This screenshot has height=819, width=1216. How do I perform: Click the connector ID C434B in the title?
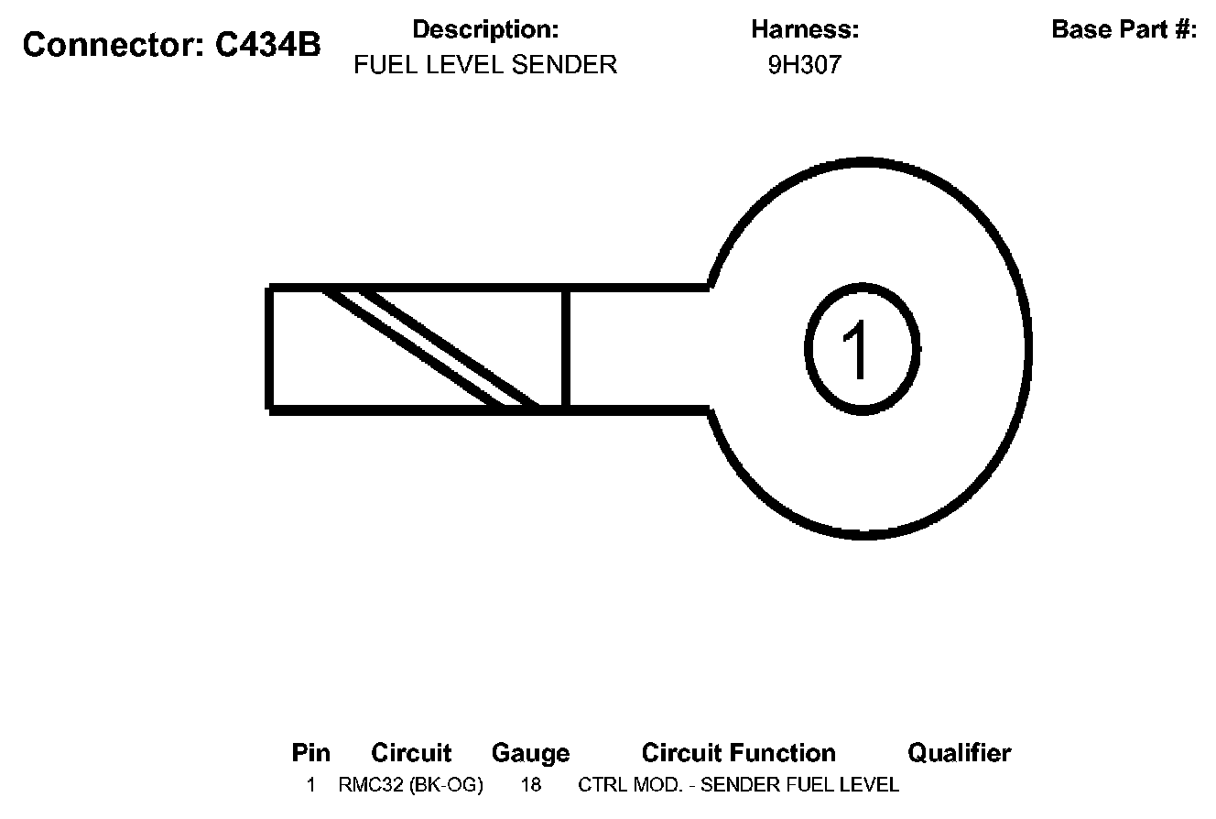pyautogui.click(x=268, y=45)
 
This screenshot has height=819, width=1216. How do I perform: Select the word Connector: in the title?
pyautogui.click(x=114, y=45)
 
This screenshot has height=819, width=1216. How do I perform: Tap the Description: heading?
pyautogui.click(x=485, y=29)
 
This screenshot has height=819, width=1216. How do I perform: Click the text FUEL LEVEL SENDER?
pyautogui.click(x=485, y=65)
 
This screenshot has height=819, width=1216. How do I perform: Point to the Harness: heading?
pyautogui.click(x=805, y=29)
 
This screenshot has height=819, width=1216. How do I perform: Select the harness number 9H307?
pyautogui.click(x=804, y=66)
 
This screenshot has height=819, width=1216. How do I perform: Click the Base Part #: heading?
pyautogui.click(x=1124, y=29)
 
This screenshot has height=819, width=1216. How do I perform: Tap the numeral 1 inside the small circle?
pyautogui.click(x=860, y=348)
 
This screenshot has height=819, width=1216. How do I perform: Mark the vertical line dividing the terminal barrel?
pyautogui.click(x=565, y=348)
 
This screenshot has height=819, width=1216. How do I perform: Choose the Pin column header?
pyautogui.click(x=310, y=753)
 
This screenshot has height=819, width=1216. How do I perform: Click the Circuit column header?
pyautogui.click(x=411, y=753)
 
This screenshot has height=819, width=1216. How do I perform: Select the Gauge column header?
pyautogui.click(x=530, y=753)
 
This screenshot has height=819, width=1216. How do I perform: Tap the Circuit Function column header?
pyautogui.click(x=738, y=753)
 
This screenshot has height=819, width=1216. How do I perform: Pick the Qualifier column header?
pyautogui.click(x=959, y=753)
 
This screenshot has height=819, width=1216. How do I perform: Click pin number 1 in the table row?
pyautogui.click(x=311, y=785)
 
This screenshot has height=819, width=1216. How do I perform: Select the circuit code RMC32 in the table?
pyautogui.click(x=372, y=785)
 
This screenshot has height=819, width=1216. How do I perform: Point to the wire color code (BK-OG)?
pyautogui.click(x=446, y=785)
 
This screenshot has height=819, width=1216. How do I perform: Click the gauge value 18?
pyautogui.click(x=530, y=785)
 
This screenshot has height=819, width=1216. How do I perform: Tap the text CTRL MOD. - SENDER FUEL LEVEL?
pyautogui.click(x=738, y=785)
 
